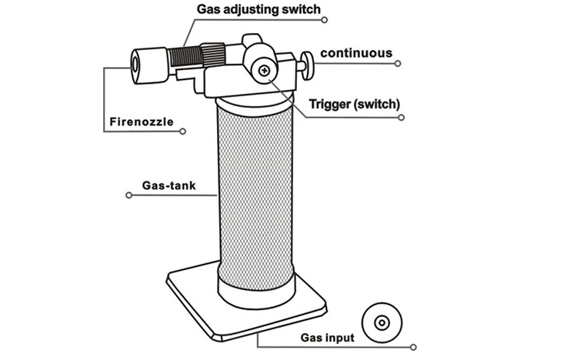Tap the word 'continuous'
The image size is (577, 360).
point(356,54)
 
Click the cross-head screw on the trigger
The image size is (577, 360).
point(265,71)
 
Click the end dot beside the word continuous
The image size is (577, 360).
point(399,65)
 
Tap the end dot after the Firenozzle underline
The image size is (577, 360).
point(182,132)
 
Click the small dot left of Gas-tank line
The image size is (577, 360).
point(128,196)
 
